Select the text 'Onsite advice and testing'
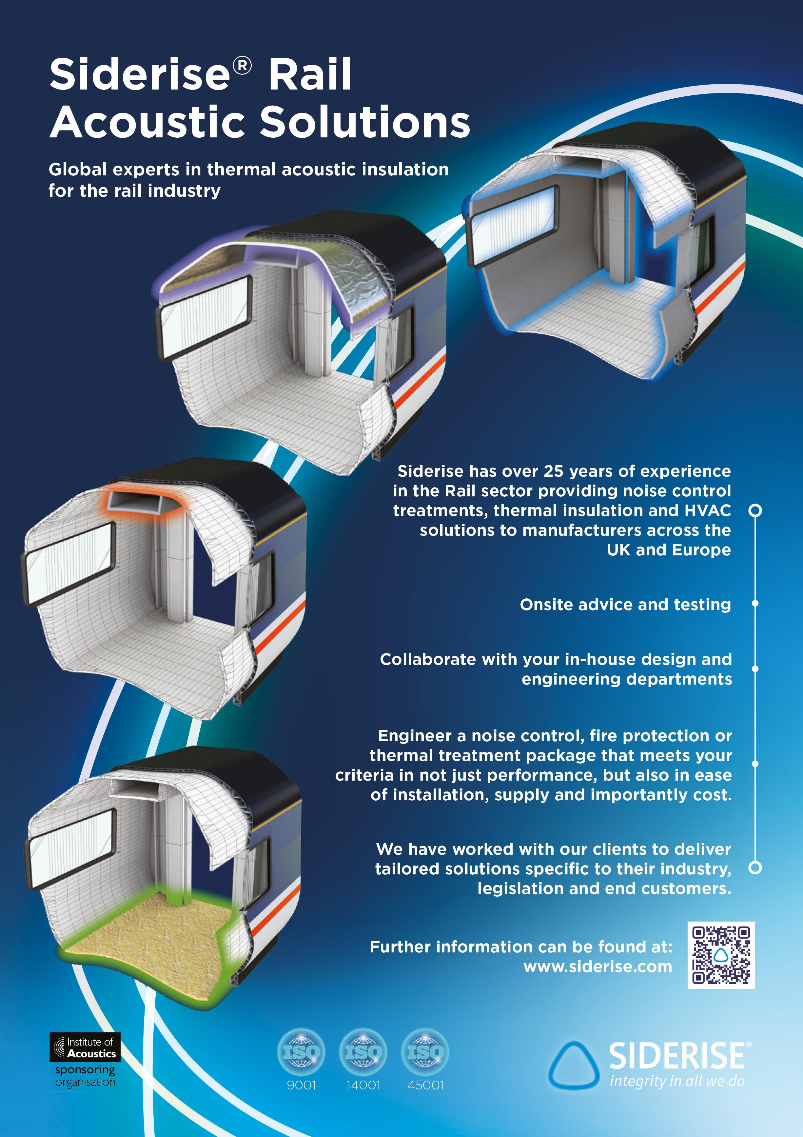point(625,605)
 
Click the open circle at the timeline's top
point(755,510)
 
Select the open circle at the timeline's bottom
point(755,867)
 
